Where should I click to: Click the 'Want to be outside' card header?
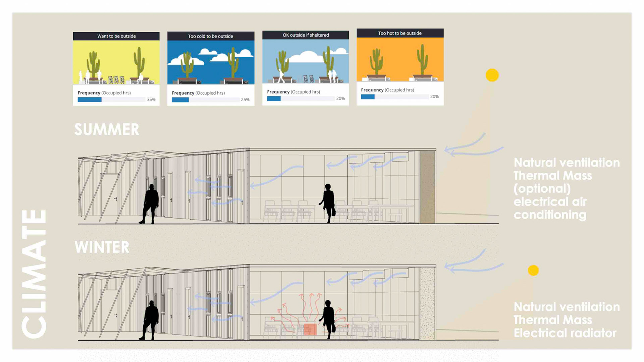click(x=116, y=36)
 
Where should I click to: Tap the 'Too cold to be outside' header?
click(x=211, y=36)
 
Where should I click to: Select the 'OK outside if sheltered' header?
click(x=306, y=35)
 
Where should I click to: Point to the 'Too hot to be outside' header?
click(x=400, y=33)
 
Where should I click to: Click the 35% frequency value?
click(x=151, y=100)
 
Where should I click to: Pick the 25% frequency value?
click(x=245, y=100)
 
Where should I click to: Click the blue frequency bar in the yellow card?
click(x=90, y=100)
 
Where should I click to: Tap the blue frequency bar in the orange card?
click(x=368, y=97)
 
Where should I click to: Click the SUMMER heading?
click(x=107, y=129)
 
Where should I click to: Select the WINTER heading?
click(x=102, y=247)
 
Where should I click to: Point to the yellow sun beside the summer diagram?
click(x=492, y=75)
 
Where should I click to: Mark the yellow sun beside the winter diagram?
click(x=533, y=270)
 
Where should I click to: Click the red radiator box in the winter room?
click(x=310, y=329)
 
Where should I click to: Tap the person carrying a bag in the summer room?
click(x=328, y=203)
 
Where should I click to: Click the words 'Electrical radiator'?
click(x=565, y=333)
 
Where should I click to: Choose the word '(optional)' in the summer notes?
click(x=542, y=188)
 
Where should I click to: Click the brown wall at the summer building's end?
click(x=427, y=187)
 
